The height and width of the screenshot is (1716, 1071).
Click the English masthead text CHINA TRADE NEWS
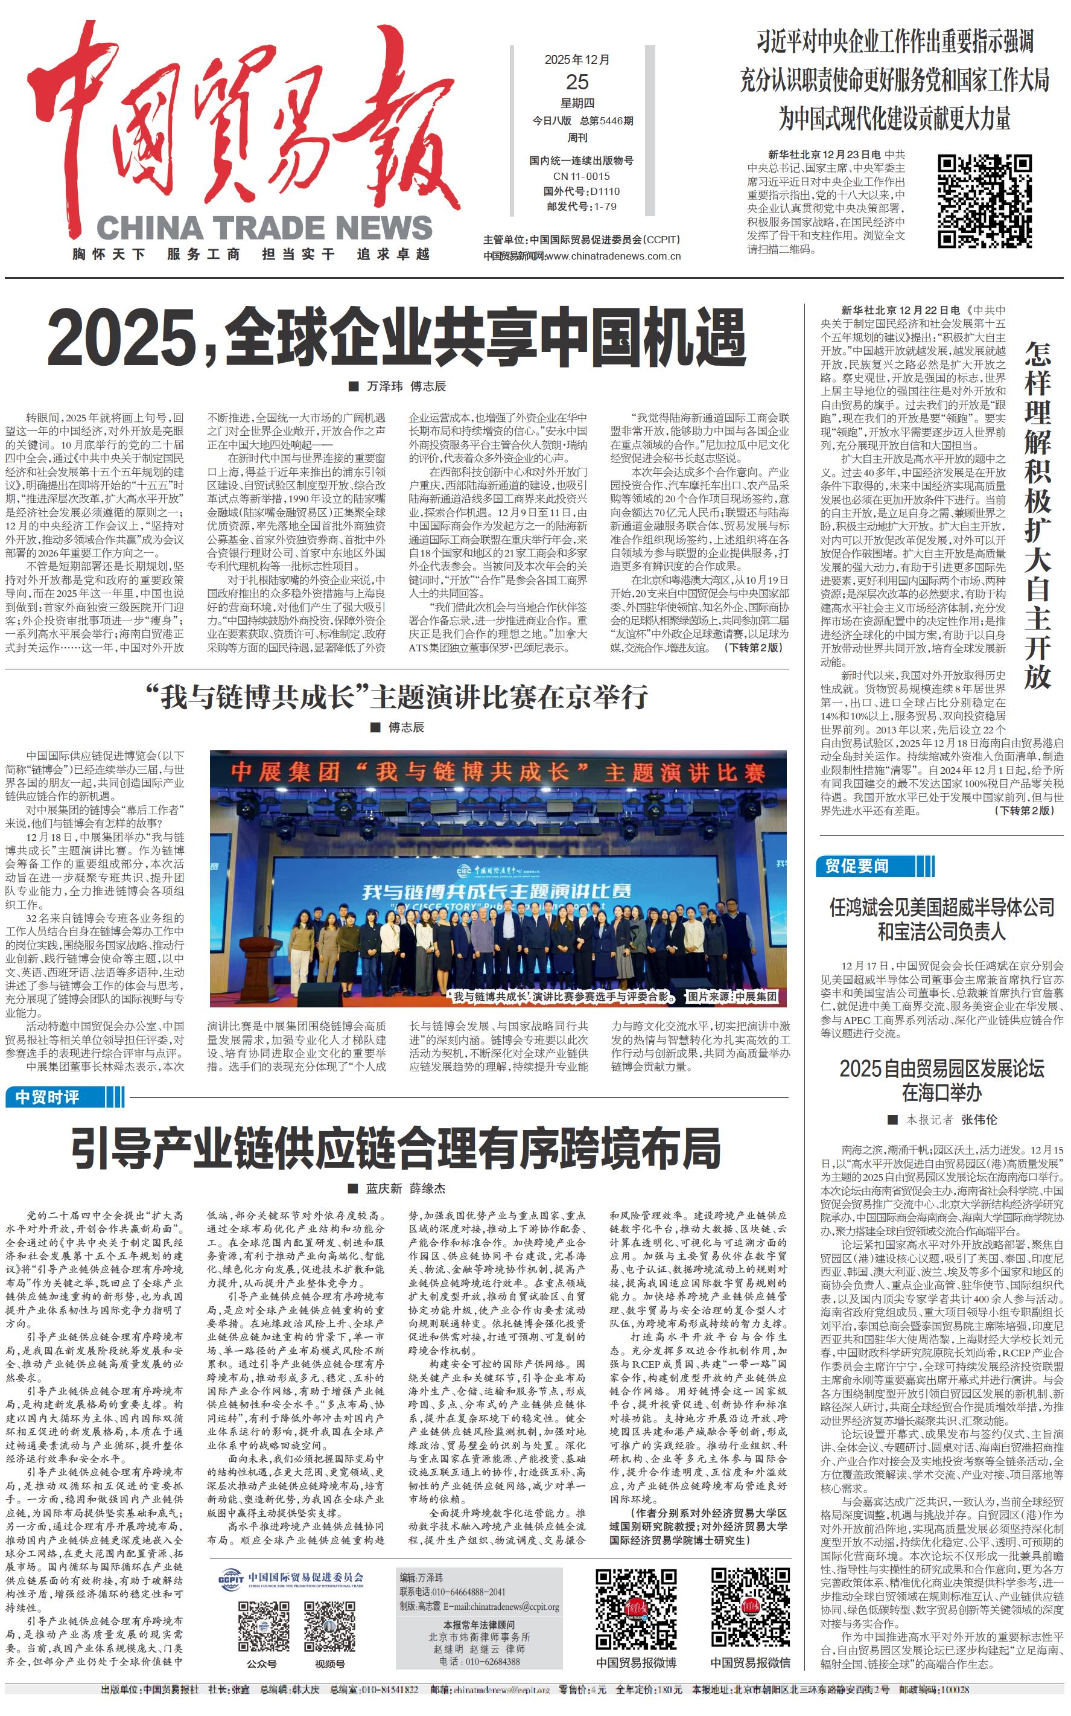[x=264, y=228]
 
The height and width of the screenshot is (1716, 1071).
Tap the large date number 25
[x=577, y=81]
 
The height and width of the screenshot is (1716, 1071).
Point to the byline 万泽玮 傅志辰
[x=406, y=386]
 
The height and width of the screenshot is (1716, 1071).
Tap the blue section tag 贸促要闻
[x=857, y=866]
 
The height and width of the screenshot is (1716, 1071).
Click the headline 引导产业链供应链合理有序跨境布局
[x=396, y=1149]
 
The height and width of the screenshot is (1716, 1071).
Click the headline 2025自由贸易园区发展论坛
[x=941, y=1068]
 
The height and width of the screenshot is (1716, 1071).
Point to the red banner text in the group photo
[x=497, y=771]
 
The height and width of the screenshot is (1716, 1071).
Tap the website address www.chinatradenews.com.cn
[x=612, y=257]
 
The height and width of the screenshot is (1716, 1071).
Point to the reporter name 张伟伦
[x=978, y=1120]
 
